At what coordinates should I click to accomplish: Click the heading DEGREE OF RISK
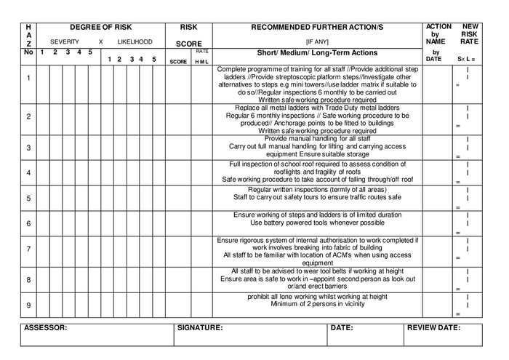click(101, 27)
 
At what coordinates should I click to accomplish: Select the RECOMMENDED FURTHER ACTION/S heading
click(316, 27)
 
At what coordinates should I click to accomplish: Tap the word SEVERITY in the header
click(65, 42)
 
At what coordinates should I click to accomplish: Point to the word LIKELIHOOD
click(135, 42)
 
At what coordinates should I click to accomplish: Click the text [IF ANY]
click(316, 42)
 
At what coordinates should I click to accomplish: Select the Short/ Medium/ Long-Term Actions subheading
click(316, 53)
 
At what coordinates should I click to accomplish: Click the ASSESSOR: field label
click(46, 328)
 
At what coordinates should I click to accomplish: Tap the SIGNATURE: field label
click(200, 328)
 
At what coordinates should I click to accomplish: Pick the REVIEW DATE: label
click(433, 328)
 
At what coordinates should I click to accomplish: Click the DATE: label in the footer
click(341, 328)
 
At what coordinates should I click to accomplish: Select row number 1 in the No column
click(28, 78)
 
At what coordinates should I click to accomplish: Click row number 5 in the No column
click(28, 198)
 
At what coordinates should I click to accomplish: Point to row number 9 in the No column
click(28, 305)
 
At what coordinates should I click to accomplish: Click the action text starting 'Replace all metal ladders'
click(316, 107)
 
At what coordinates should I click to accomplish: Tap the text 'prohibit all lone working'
click(316, 297)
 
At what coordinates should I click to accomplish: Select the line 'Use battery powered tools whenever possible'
click(316, 223)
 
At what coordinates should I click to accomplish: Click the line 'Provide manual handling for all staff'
click(316, 139)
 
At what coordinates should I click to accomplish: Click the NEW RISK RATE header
click(470, 33)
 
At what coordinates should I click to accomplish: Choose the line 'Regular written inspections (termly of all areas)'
click(316, 189)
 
